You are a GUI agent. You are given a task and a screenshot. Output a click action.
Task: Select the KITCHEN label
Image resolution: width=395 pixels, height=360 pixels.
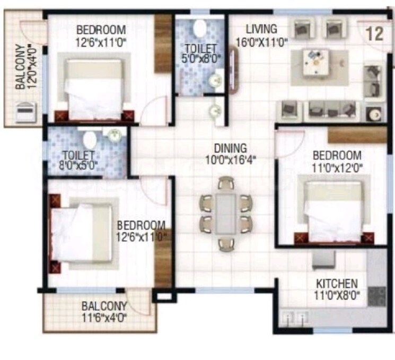(337, 284)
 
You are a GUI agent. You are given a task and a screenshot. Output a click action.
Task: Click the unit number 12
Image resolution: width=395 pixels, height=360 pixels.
(374, 34)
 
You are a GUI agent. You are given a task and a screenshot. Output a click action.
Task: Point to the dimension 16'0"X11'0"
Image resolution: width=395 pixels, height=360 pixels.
(262, 41)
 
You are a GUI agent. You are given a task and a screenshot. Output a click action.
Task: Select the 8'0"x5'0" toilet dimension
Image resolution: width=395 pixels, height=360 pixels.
(78, 166)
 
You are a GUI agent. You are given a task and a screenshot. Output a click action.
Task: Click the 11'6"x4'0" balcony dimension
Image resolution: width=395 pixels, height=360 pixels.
(104, 317)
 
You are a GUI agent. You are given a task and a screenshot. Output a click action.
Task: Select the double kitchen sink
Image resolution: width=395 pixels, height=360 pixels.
(295, 319)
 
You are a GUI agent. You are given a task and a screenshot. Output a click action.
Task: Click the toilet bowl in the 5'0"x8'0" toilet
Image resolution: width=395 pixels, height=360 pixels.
(201, 28)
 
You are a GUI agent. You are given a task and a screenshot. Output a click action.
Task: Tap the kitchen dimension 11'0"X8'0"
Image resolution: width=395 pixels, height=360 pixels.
(337, 295)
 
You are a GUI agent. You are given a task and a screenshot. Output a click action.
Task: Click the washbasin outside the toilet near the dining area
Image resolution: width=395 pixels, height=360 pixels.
(215, 111)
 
